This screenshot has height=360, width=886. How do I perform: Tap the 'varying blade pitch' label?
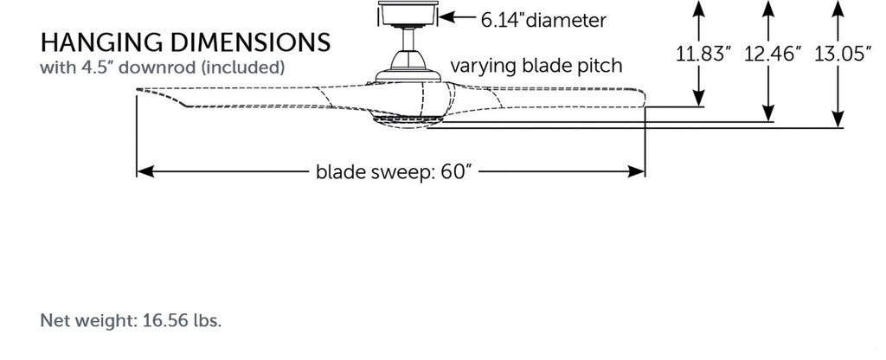536,66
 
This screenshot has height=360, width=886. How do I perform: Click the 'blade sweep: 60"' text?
393,171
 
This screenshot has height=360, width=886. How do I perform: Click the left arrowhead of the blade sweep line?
144,171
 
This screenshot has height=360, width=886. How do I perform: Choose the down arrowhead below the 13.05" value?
838,121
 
